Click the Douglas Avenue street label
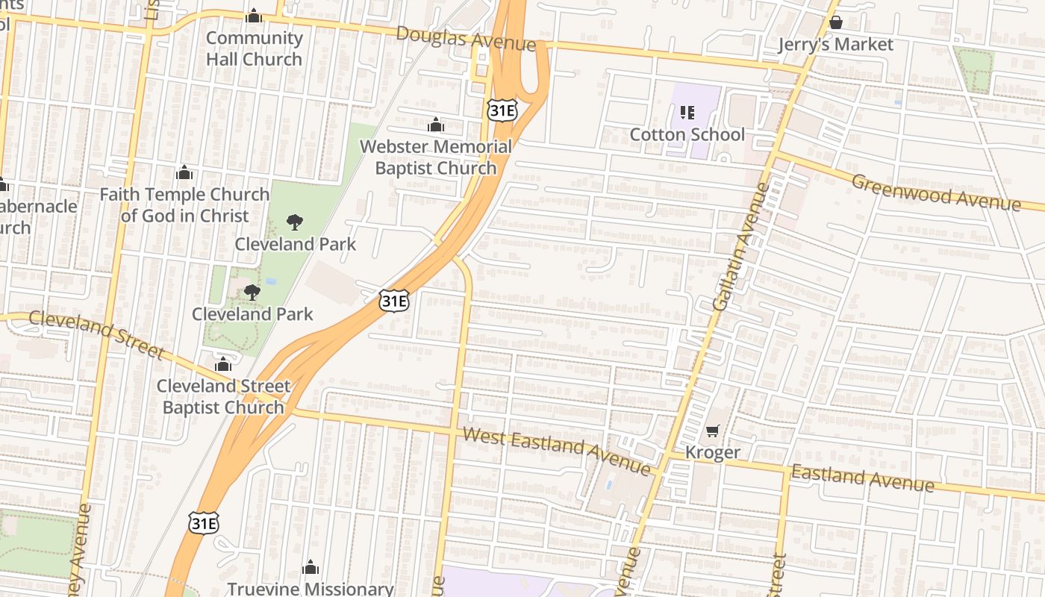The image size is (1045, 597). (465, 39)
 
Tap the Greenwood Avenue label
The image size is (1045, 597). (935, 193)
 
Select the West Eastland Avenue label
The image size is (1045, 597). (556, 450)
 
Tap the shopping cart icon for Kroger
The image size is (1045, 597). (712, 431)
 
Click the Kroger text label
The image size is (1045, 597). (712, 452)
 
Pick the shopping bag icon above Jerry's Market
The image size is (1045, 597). (835, 22)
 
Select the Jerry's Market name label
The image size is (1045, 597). (835, 45)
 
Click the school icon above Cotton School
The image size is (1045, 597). (687, 113)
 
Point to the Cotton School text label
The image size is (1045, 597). (687, 134)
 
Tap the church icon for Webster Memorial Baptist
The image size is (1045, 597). (436, 125)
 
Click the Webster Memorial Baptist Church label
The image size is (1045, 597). (436, 157)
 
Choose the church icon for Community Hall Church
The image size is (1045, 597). (254, 16)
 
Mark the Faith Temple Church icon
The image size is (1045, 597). (184, 173)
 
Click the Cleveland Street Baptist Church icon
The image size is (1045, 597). (223, 364)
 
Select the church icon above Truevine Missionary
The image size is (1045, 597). (311, 568)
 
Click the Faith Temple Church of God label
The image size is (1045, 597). (184, 205)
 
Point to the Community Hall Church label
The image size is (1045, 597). (254, 49)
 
